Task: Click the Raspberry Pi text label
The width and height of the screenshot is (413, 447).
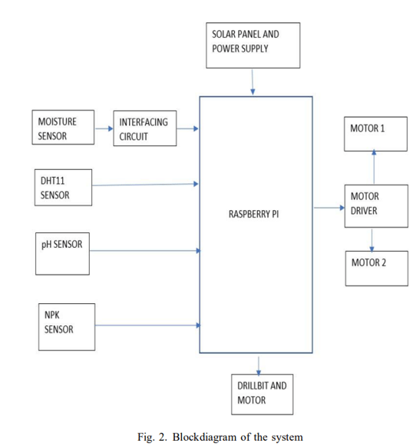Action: click(x=254, y=214)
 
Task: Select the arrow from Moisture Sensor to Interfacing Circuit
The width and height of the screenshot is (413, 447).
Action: click(x=104, y=128)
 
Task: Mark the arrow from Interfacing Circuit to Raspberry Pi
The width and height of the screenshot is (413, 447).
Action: click(x=187, y=128)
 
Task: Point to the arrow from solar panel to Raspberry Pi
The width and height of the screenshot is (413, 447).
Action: click(x=253, y=82)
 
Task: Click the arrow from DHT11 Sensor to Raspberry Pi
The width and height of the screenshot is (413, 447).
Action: click(x=145, y=185)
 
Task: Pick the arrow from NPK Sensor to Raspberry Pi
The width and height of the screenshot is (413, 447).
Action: click(x=148, y=325)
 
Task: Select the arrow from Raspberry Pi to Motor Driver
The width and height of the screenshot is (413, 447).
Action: click(x=329, y=208)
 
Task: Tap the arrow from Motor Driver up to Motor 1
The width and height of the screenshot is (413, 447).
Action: click(x=374, y=167)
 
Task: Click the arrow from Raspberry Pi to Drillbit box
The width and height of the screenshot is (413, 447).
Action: click(x=259, y=365)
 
